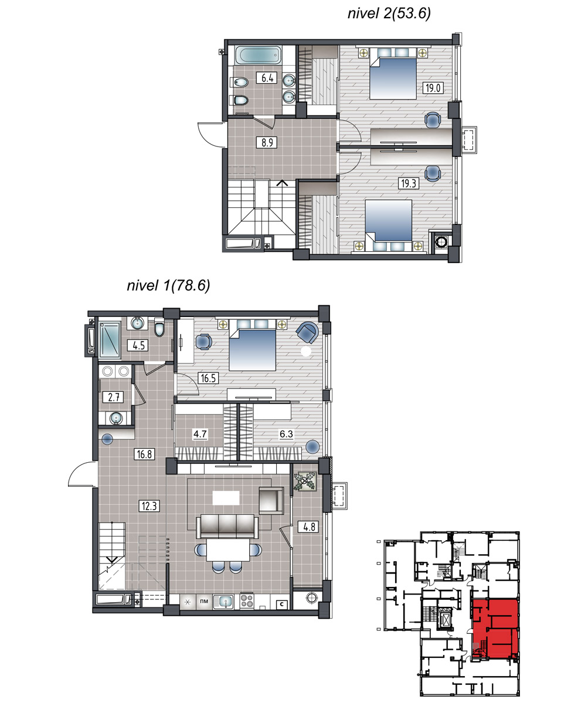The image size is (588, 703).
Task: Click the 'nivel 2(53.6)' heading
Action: [389, 13]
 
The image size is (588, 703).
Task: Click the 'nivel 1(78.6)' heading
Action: [168, 285]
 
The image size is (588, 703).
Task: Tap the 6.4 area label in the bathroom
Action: [267, 78]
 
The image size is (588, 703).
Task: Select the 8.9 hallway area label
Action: [267, 142]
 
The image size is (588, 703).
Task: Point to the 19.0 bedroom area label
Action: [433, 88]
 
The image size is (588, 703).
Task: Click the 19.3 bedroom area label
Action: [409, 183]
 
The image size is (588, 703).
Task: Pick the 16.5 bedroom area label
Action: [208, 378]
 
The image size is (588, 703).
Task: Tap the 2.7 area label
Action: [114, 397]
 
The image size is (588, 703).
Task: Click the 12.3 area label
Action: [149, 506]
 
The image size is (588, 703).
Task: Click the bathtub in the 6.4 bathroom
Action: [258, 55]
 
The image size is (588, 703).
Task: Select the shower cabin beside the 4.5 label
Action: [110, 339]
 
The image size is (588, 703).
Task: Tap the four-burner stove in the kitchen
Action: [247, 601]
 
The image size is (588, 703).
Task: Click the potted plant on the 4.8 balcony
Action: [305, 481]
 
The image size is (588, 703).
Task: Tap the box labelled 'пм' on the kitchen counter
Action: [204, 601]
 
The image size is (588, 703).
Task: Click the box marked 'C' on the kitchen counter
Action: [282, 605]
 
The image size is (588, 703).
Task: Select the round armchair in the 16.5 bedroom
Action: [307, 333]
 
